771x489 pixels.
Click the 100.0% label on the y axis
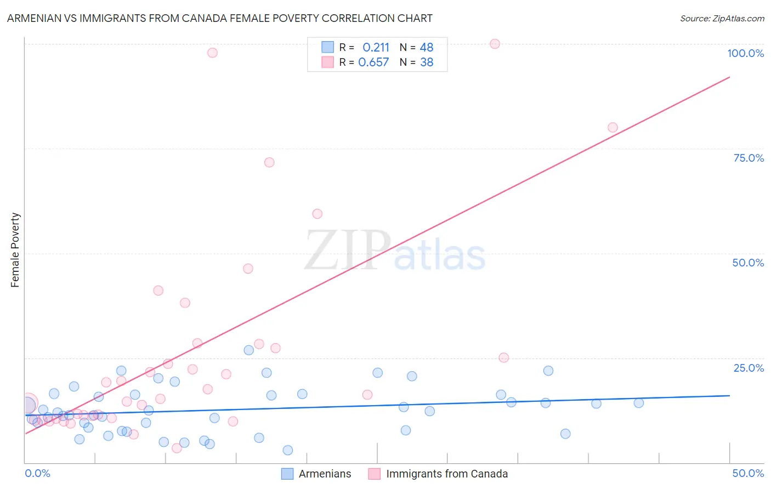click(745, 53)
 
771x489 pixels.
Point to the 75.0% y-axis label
click(749, 158)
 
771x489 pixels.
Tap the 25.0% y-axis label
click(749, 368)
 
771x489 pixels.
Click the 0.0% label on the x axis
click(37, 473)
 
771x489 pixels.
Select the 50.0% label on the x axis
click(748, 473)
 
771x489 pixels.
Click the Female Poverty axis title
click(15, 250)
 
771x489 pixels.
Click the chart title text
click(219, 19)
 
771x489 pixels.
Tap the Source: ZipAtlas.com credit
click(722, 19)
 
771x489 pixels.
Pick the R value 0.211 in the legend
click(376, 48)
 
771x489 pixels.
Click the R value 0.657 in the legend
click(373, 62)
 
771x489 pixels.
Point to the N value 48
click(426, 48)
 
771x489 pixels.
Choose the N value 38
click(426, 62)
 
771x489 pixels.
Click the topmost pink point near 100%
click(495, 44)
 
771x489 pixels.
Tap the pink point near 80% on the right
click(613, 128)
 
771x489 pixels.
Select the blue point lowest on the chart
click(288, 450)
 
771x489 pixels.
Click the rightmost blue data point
click(638, 403)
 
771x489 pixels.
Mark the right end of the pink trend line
click(729, 77)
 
